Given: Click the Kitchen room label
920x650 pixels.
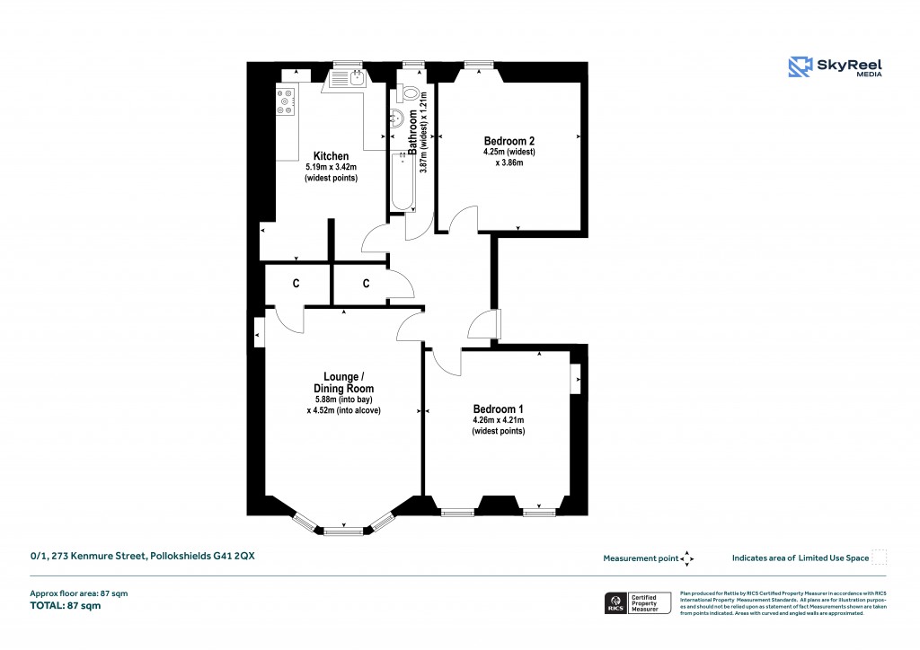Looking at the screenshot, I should pyautogui.click(x=331, y=156).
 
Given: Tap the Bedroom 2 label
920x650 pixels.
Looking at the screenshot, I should pyautogui.click(x=509, y=141).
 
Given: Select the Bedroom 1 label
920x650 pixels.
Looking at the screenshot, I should pyautogui.click(x=498, y=409).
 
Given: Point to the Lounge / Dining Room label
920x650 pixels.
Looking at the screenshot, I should pyautogui.click(x=343, y=382).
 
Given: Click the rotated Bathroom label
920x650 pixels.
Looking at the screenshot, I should pyautogui.click(x=413, y=133).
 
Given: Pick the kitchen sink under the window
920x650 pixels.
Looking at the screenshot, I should pyautogui.click(x=347, y=79).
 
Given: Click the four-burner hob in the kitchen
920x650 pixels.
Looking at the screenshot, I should pyautogui.click(x=286, y=103).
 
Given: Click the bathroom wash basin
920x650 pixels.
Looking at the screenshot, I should pyautogui.click(x=398, y=118).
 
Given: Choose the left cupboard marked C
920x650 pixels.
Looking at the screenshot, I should pyautogui.click(x=296, y=284).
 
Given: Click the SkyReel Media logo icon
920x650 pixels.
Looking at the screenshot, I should pyautogui.click(x=800, y=67).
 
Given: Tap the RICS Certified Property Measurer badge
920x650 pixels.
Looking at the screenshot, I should pyautogui.click(x=636, y=602).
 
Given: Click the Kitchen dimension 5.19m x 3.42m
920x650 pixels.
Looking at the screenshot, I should pyautogui.click(x=331, y=167).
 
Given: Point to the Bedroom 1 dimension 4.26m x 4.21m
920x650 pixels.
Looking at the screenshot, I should pyautogui.click(x=498, y=420).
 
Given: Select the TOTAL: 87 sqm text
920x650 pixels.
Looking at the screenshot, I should pyautogui.click(x=66, y=606).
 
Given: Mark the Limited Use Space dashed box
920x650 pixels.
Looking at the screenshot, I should pyautogui.click(x=880, y=558).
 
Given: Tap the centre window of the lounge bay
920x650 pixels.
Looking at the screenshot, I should pyautogui.click(x=342, y=531).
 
